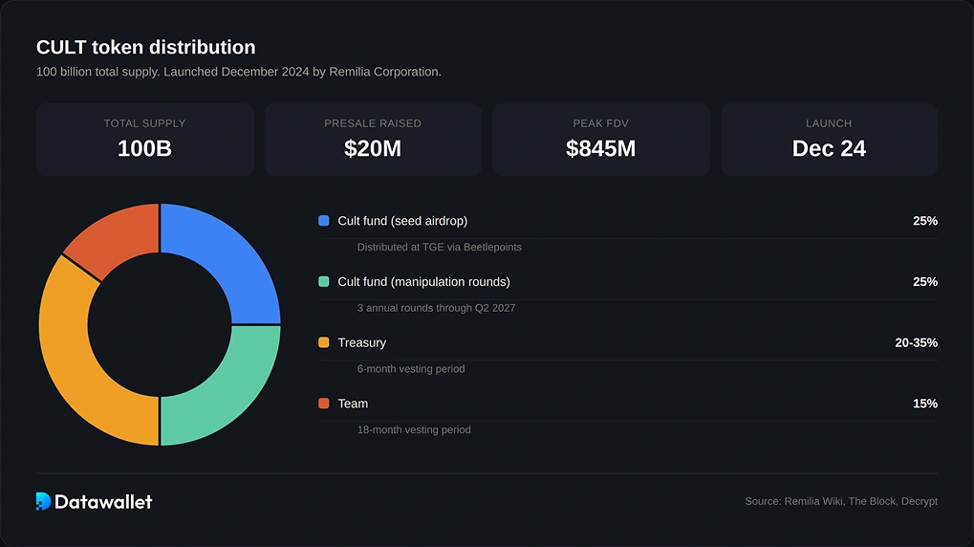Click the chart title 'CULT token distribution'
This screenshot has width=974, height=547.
(x=145, y=47)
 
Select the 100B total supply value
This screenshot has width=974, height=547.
(x=144, y=148)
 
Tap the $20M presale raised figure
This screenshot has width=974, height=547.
(x=373, y=148)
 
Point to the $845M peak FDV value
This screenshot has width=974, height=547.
(x=600, y=148)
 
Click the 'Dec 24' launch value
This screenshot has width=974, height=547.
(x=829, y=148)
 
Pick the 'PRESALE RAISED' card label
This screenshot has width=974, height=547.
(x=373, y=123)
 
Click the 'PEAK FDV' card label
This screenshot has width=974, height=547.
(x=600, y=123)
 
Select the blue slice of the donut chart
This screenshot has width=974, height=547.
(x=226, y=258)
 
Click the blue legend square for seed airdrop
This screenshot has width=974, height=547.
(x=324, y=221)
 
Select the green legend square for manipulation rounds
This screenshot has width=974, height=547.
(x=324, y=282)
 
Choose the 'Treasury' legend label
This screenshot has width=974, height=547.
(x=361, y=342)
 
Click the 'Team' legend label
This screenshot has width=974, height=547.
(x=353, y=404)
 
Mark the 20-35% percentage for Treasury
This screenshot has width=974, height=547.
(x=916, y=342)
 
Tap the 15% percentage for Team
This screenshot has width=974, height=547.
(x=924, y=404)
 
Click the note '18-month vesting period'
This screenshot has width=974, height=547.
(x=414, y=430)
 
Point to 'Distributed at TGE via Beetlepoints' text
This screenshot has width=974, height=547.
(x=439, y=247)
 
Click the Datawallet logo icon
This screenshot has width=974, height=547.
(x=43, y=501)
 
